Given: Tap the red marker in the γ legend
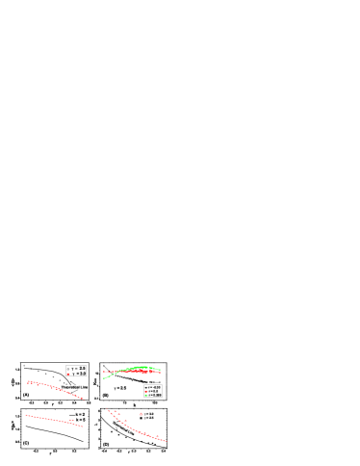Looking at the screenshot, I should (x=68, y=374).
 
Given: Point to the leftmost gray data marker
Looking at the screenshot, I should (x=25, y=366).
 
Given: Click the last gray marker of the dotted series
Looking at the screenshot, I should (x=66, y=384).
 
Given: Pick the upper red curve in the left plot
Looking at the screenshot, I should (x=58, y=388).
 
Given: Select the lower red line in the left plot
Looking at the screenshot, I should (x=53, y=419).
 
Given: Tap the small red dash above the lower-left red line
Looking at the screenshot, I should (x=71, y=420).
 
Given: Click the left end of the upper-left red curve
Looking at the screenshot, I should (x=29, y=382).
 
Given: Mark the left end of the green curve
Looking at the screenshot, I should (x=104, y=378).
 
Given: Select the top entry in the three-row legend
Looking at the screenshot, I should (x=153, y=387).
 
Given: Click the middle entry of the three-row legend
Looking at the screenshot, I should (x=153, y=391).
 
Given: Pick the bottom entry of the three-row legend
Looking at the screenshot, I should (x=153, y=395).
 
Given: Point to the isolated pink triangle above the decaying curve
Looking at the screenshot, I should (x=141, y=414).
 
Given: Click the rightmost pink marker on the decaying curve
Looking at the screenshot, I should (x=157, y=436).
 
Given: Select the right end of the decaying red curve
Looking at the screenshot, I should (x=166, y=441).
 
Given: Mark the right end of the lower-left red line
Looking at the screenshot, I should (x=83, y=426).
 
